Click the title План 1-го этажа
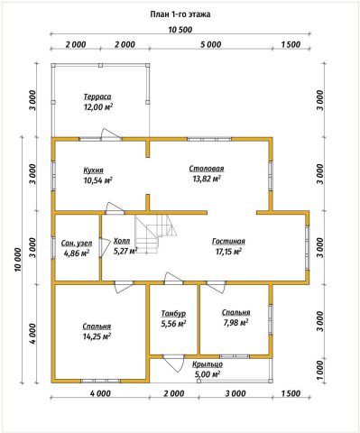[x=180, y=14]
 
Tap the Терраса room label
[x=97, y=97]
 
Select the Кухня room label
[x=94, y=170]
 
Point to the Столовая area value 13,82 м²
[x=207, y=179]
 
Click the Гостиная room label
[x=228, y=241]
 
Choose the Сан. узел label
[x=77, y=243]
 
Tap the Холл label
[x=122, y=241]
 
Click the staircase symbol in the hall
[x=154, y=235]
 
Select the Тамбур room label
[x=173, y=314]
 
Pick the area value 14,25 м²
[x=97, y=336]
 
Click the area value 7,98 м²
[x=235, y=323]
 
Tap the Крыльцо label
[x=208, y=364]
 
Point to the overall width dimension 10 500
[x=180, y=30]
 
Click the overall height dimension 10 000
[x=18, y=260]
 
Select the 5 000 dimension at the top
[x=210, y=44]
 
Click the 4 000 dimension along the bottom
[x=100, y=393]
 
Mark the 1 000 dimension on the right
[x=320, y=370]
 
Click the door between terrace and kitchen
[x=111, y=134]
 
